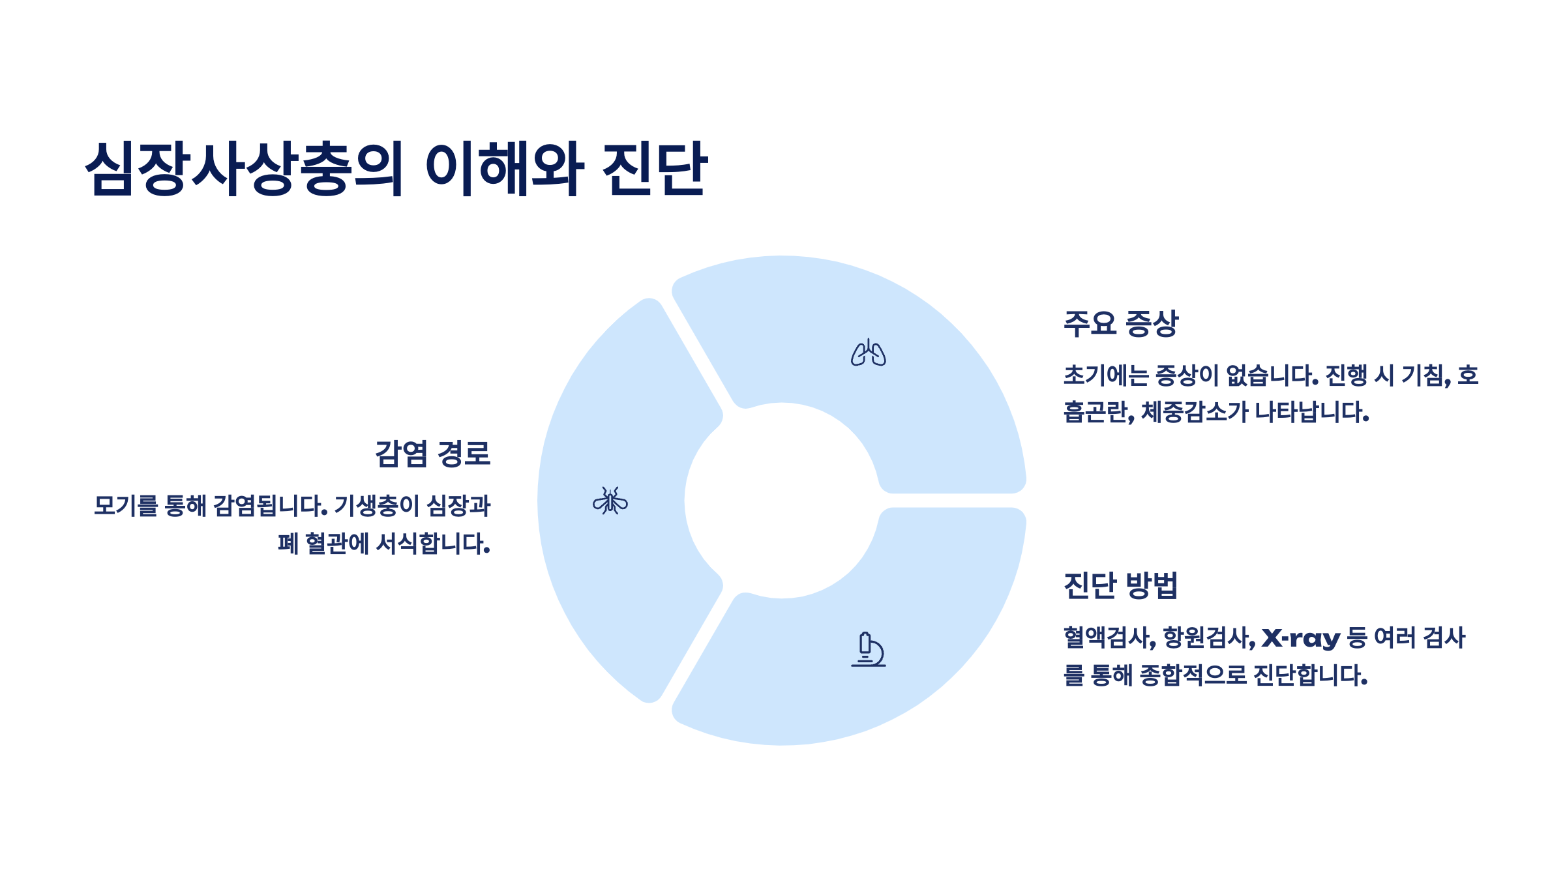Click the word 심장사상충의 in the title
(x=245, y=168)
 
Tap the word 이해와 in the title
(x=503, y=168)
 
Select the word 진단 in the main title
(x=654, y=168)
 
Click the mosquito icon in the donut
(x=610, y=501)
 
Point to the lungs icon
(x=868, y=353)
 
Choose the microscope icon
(x=868, y=649)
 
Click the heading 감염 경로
(x=432, y=454)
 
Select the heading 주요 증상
(x=1121, y=323)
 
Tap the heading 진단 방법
(x=1121, y=585)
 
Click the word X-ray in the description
(x=1301, y=638)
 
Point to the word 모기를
(x=126, y=506)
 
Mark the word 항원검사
(x=1209, y=638)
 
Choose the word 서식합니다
(x=433, y=544)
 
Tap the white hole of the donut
(x=782, y=501)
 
